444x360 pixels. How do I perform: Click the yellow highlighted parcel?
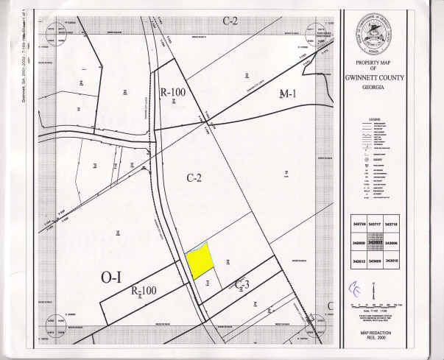(199, 260)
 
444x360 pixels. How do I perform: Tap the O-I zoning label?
(110, 278)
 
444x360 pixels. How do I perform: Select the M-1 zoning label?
(287, 94)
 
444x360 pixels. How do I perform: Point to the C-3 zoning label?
(244, 284)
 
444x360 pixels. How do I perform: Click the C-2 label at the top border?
(230, 20)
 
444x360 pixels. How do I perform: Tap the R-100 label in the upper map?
(174, 93)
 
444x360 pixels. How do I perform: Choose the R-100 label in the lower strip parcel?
(144, 291)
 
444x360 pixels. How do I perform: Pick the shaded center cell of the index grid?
(375, 242)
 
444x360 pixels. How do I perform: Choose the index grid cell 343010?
(392, 261)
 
